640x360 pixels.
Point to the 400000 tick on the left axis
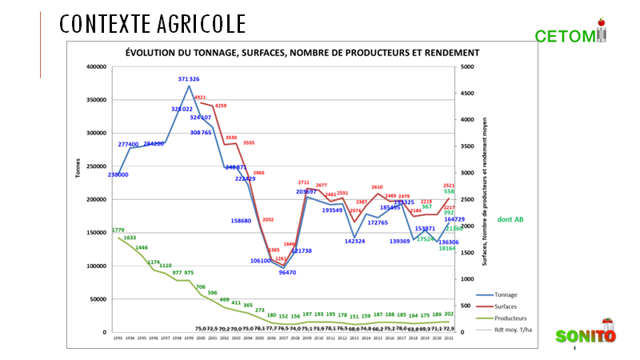click(96, 67)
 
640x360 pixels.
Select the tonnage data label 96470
click(288, 273)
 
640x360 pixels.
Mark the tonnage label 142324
click(355, 241)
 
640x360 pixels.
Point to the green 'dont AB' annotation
click(511, 219)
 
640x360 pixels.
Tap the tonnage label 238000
click(118, 174)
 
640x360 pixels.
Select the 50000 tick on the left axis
click(98, 299)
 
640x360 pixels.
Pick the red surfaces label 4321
click(200, 98)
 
